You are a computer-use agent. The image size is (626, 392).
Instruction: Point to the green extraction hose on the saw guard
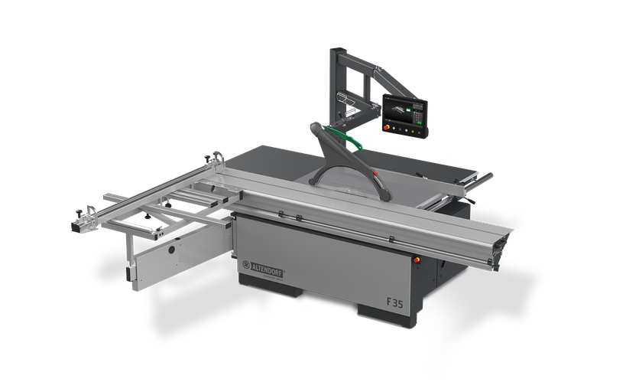tap(348, 138)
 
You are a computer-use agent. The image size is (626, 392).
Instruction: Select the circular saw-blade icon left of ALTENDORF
tap(246, 266)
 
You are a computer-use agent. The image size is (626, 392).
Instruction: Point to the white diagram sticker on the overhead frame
tap(348, 100)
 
